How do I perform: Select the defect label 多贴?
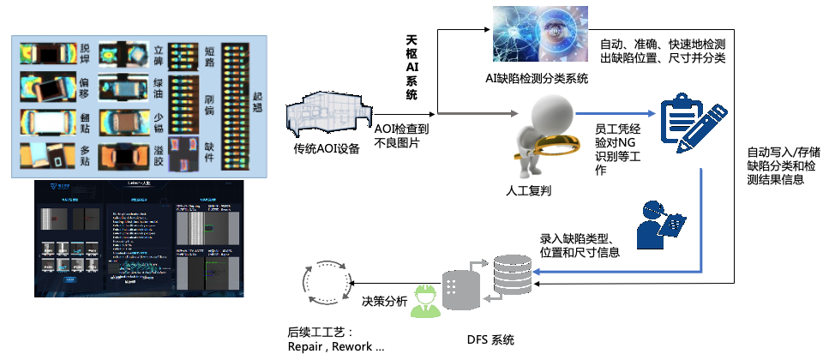(84, 153)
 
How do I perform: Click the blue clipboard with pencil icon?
(687, 124)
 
